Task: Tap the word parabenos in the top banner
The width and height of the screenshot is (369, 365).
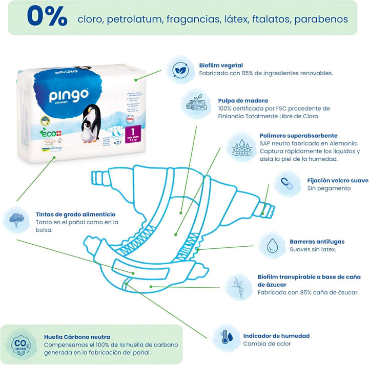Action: click(322, 19)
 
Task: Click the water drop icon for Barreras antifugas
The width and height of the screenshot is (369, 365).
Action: click(272, 245)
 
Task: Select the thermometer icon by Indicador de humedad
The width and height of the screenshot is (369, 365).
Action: click(225, 337)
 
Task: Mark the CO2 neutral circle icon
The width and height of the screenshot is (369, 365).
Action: click(19, 341)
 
